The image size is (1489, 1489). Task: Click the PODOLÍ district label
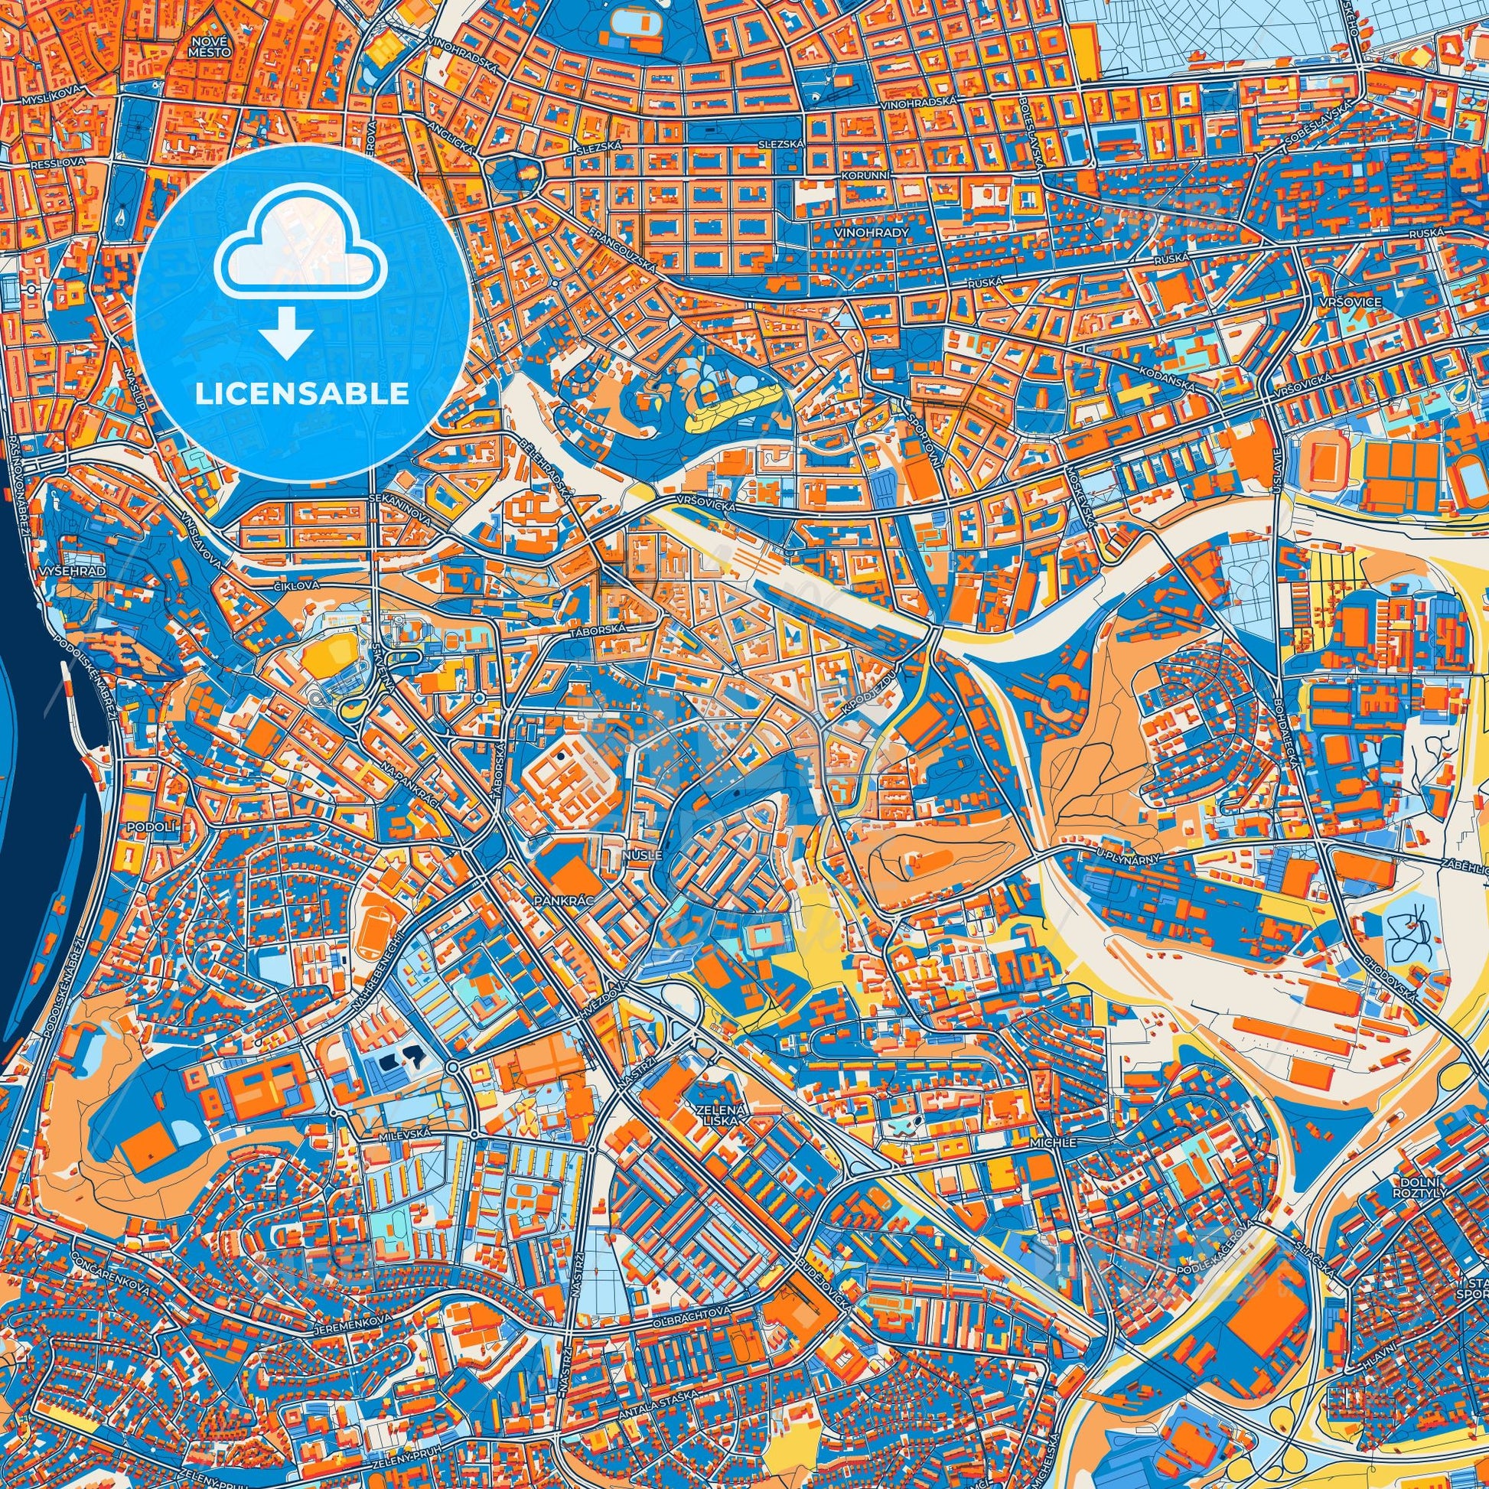139,826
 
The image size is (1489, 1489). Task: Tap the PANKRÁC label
560,899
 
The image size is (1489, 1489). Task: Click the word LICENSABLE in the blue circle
301,394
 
